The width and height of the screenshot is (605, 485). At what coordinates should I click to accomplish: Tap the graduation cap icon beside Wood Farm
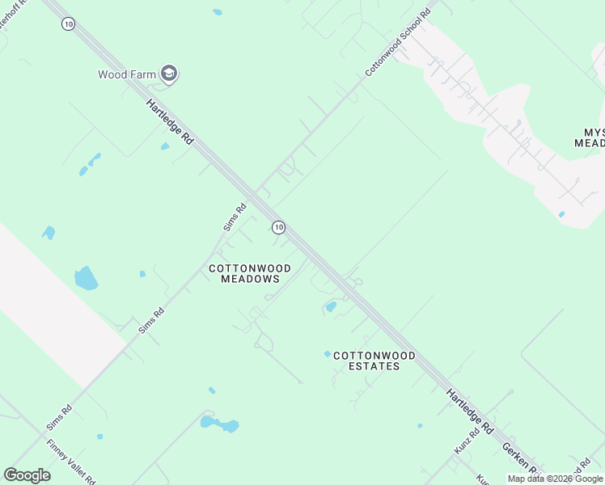(x=169, y=75)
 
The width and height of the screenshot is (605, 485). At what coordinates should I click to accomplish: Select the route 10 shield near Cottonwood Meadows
(x=279, y=228)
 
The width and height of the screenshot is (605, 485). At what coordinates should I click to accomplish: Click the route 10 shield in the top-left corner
(x=68, y=24)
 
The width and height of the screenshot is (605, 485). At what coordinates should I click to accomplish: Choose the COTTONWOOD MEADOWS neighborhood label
(x=250, y=273)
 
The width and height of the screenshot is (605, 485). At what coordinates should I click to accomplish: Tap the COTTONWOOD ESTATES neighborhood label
(x=374, y=361)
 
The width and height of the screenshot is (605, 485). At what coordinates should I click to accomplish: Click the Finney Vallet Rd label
(x=70, y=461)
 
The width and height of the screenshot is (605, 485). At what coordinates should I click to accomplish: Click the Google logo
(x=27, y=474)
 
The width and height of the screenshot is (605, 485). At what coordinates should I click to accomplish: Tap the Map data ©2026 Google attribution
(x=556, y=479)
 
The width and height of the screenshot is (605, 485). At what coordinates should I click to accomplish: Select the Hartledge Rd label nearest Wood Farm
(x=170, y=121)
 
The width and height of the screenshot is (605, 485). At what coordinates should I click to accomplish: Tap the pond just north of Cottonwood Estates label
(x=331, y=306)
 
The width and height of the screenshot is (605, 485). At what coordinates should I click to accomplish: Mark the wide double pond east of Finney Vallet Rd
(x=219, y=424)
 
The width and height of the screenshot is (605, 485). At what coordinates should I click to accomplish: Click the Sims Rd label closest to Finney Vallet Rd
(x=59, y=418)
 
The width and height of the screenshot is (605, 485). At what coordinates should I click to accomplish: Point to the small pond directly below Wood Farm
(x=165, y=146)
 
